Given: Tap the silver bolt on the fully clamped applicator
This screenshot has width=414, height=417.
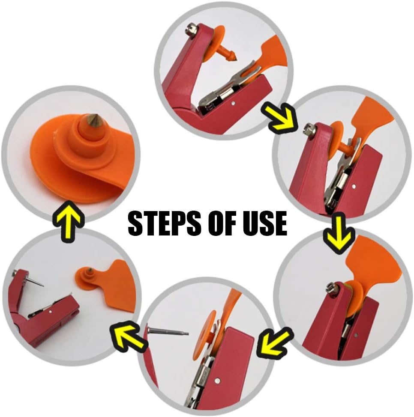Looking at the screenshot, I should [330, 288].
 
